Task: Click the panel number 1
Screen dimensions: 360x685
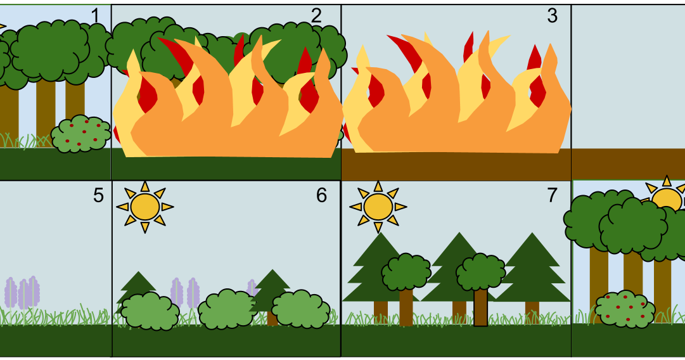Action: pos(95,16)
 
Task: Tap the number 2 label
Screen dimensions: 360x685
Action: pos(316,16)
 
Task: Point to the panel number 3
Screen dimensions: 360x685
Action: pos(552,16)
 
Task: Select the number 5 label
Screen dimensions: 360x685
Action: pos(98,195)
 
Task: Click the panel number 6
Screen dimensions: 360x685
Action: pos(321,195)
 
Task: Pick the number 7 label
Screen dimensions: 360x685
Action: pos(552,195)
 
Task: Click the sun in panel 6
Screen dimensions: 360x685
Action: pos(144,207)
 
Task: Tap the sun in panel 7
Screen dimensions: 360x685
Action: pos(378,207)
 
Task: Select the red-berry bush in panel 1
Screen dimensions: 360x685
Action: pos(80,134)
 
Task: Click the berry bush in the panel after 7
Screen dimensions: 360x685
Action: pos(625,309)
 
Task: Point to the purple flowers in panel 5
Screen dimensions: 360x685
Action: pos(22,292)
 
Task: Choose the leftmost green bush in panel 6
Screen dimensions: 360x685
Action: pos(150,311)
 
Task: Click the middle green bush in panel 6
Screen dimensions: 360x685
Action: pos(227,309)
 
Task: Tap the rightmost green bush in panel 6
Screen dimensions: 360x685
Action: pos(301,309)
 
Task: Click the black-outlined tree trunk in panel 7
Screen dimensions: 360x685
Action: pos(481,307)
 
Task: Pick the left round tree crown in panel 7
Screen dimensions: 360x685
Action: pos(406,272)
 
